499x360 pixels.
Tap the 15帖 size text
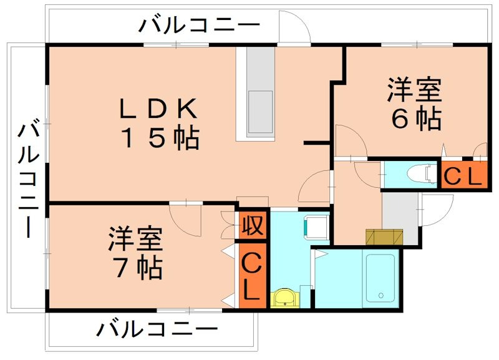pos(158,138)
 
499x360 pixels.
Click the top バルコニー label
pos(199,26)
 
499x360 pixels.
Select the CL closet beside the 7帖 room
pos(251,275)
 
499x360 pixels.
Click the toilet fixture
pos(421,173)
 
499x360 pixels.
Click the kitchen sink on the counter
pos(260,110)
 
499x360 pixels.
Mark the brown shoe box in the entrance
pos(384,237)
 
